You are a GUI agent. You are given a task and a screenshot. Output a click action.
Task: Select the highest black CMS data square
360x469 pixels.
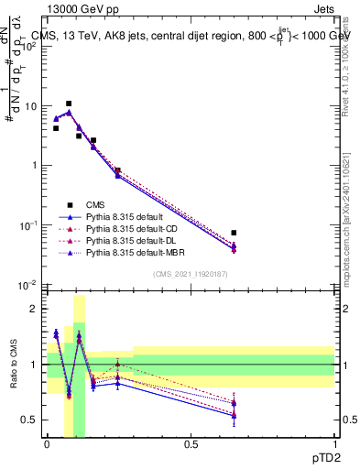69,104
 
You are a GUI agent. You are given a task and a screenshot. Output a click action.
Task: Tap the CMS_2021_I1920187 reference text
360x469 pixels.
190,274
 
